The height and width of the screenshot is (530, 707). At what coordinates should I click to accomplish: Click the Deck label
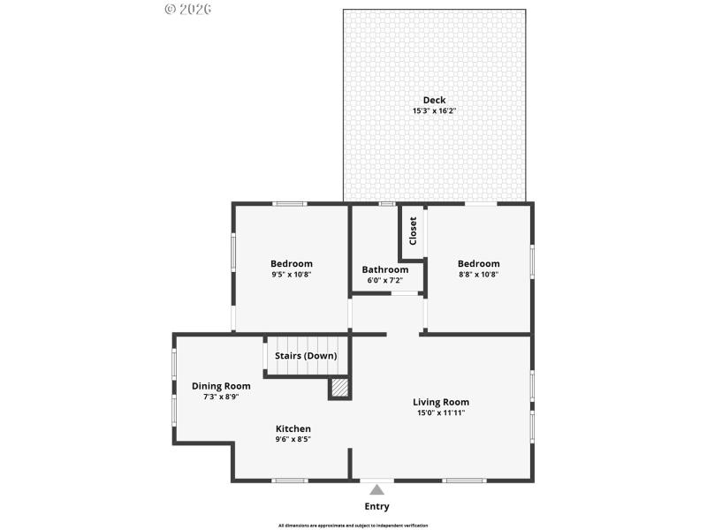coord(434,100)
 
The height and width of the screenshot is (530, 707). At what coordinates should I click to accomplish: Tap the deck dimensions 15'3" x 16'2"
coord(434,111)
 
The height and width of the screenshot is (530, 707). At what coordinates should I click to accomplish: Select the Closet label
coord(413,231)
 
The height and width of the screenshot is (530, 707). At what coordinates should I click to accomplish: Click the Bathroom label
coord(385,269)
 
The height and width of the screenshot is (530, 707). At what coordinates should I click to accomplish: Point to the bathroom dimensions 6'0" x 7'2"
coord(385,280)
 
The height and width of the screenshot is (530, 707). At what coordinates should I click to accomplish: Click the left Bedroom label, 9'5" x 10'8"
coord(292,263)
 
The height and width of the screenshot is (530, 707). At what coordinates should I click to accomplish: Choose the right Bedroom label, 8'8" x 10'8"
coord(479,263)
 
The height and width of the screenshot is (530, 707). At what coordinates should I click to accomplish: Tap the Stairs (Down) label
coord(306,355)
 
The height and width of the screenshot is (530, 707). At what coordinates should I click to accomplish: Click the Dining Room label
coord(221,385)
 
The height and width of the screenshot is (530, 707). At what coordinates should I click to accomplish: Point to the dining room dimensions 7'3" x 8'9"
coord(221,397)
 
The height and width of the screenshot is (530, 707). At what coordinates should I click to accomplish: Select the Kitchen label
coord(293,428)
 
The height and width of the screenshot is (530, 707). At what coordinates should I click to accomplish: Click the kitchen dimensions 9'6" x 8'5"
coord(293,439)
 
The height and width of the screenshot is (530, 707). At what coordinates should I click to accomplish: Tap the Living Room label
coord(441,402)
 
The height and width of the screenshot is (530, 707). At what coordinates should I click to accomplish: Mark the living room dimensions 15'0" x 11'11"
coord(441,413)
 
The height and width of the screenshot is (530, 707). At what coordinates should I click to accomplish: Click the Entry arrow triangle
coord(377,489)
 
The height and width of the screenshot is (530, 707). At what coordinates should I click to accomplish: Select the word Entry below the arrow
coord(377,506)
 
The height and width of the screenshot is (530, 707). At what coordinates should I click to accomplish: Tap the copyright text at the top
coord(187,9)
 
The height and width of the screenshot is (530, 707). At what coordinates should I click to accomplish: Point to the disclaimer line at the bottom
coord(353,525)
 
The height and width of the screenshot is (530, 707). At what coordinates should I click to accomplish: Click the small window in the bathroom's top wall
coord(386,204)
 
